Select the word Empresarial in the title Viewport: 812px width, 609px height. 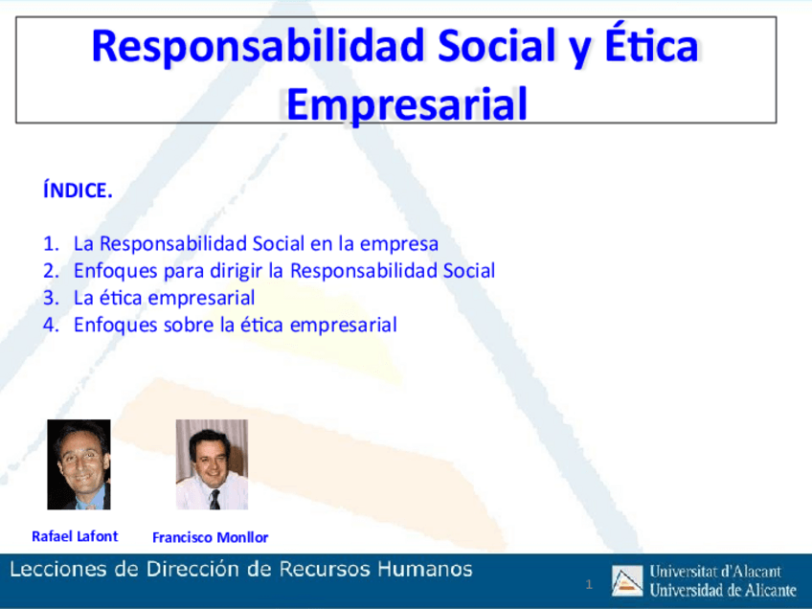pyautogui.click(x=407, y=103)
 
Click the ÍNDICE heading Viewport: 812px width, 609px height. pyautogui.click(x=78, y=191)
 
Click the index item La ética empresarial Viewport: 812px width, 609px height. pyautogui.click(x=164, y=297)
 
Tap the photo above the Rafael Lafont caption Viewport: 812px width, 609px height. pyautogui.click(x=79, y=464)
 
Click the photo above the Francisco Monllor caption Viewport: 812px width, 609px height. pyautogui.click(x=212, y=464)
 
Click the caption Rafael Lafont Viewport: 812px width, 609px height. pyautogui.click(x=75, y=536)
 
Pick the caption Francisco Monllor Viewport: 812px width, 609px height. pyautogui.click(x=211, y=537)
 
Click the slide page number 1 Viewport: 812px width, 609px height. pyautogui.click(x=590, y=584)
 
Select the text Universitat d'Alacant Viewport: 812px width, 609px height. pyautogui.click(x=715, y=572)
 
